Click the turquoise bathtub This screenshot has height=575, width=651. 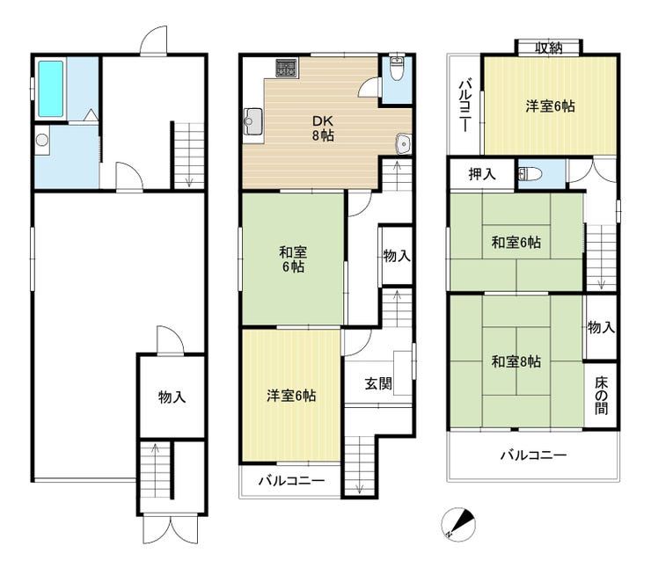51,89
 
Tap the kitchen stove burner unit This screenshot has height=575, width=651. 286,67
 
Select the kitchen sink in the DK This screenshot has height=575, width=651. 253,121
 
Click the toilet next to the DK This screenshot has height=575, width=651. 398,69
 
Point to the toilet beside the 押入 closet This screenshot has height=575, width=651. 530,174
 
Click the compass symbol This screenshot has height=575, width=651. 458,523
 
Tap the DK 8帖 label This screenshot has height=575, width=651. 323,128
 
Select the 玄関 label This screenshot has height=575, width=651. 378,383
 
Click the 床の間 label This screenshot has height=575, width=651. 601,396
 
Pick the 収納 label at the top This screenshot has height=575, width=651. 548,48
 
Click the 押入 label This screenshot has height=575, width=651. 482,174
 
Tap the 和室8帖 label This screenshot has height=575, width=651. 516,361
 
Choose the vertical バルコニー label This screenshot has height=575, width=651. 464,106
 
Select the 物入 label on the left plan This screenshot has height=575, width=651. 172,397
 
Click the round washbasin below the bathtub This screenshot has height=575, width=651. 42,140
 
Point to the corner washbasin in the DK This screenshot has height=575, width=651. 403,144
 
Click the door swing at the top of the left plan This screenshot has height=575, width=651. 154,40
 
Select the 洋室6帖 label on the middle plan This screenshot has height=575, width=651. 291,396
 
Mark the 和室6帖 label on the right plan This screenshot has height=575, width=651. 516,243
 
